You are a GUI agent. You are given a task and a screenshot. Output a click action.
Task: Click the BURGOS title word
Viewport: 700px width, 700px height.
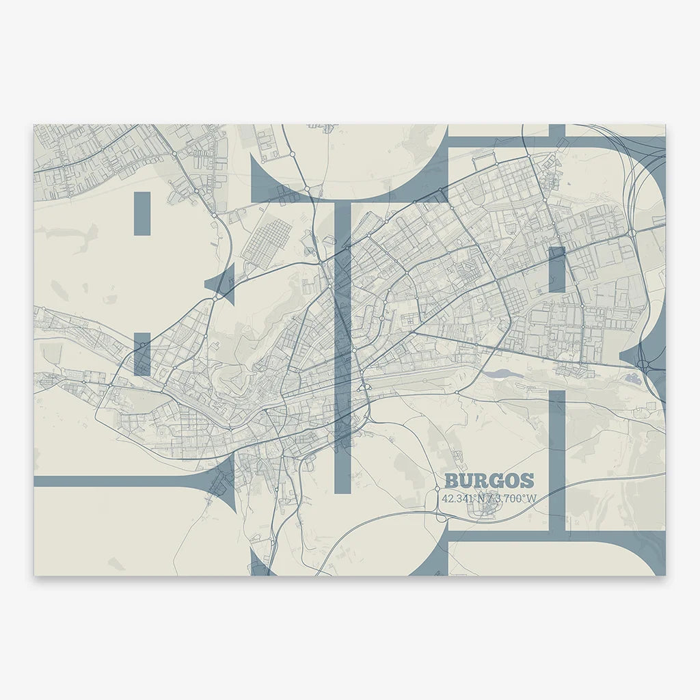click(x=489, y=481)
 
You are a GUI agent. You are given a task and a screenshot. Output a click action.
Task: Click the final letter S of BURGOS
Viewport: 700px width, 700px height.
click(x=527, y=481)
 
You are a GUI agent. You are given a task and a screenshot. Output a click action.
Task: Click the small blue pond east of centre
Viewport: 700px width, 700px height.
click(x=501, y=374)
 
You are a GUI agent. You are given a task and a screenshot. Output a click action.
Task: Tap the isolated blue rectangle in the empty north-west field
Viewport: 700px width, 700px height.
click(x=142, y=213)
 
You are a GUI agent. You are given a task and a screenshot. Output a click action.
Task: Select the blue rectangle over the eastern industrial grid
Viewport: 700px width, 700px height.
click(x=556, y=269)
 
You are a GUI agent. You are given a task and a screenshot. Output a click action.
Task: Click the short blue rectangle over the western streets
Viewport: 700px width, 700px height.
click(x=142, y=353)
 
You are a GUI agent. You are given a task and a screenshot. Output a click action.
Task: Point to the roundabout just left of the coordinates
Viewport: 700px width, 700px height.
click(x=437, y=489)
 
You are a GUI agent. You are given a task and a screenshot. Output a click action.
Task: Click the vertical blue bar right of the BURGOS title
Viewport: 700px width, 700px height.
click(x=557, y=458)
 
